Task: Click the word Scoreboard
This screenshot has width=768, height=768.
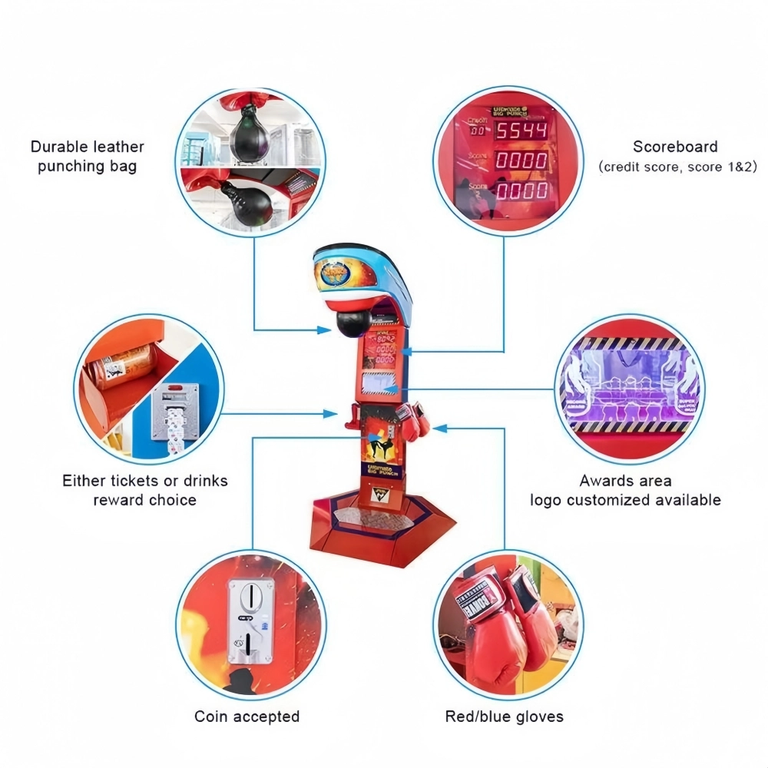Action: pyautogui.click(x=675, y=147)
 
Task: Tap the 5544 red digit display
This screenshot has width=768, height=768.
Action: pyautogui.click(x=521, y=131)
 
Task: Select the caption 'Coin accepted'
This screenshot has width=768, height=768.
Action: pyautogui.click(x=247, y=717)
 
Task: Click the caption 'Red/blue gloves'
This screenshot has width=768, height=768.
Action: pyautogui.click(x=504, y=717)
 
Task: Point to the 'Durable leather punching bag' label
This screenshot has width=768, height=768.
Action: pyautogui.click(x=88, y=156)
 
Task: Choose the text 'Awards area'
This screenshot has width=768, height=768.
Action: pyautogui.click(x=625, y=481)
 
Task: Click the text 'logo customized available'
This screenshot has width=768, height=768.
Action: pyautogui.click(x=625, y=500)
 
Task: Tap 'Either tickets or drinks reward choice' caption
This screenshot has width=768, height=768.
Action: pyautogui.click(x=145, y=490)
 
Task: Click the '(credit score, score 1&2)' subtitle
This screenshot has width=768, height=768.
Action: pyautogui.click(x=677, y=167)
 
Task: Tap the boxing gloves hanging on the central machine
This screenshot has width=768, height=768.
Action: pyautogui.click(x=413, y=422)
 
